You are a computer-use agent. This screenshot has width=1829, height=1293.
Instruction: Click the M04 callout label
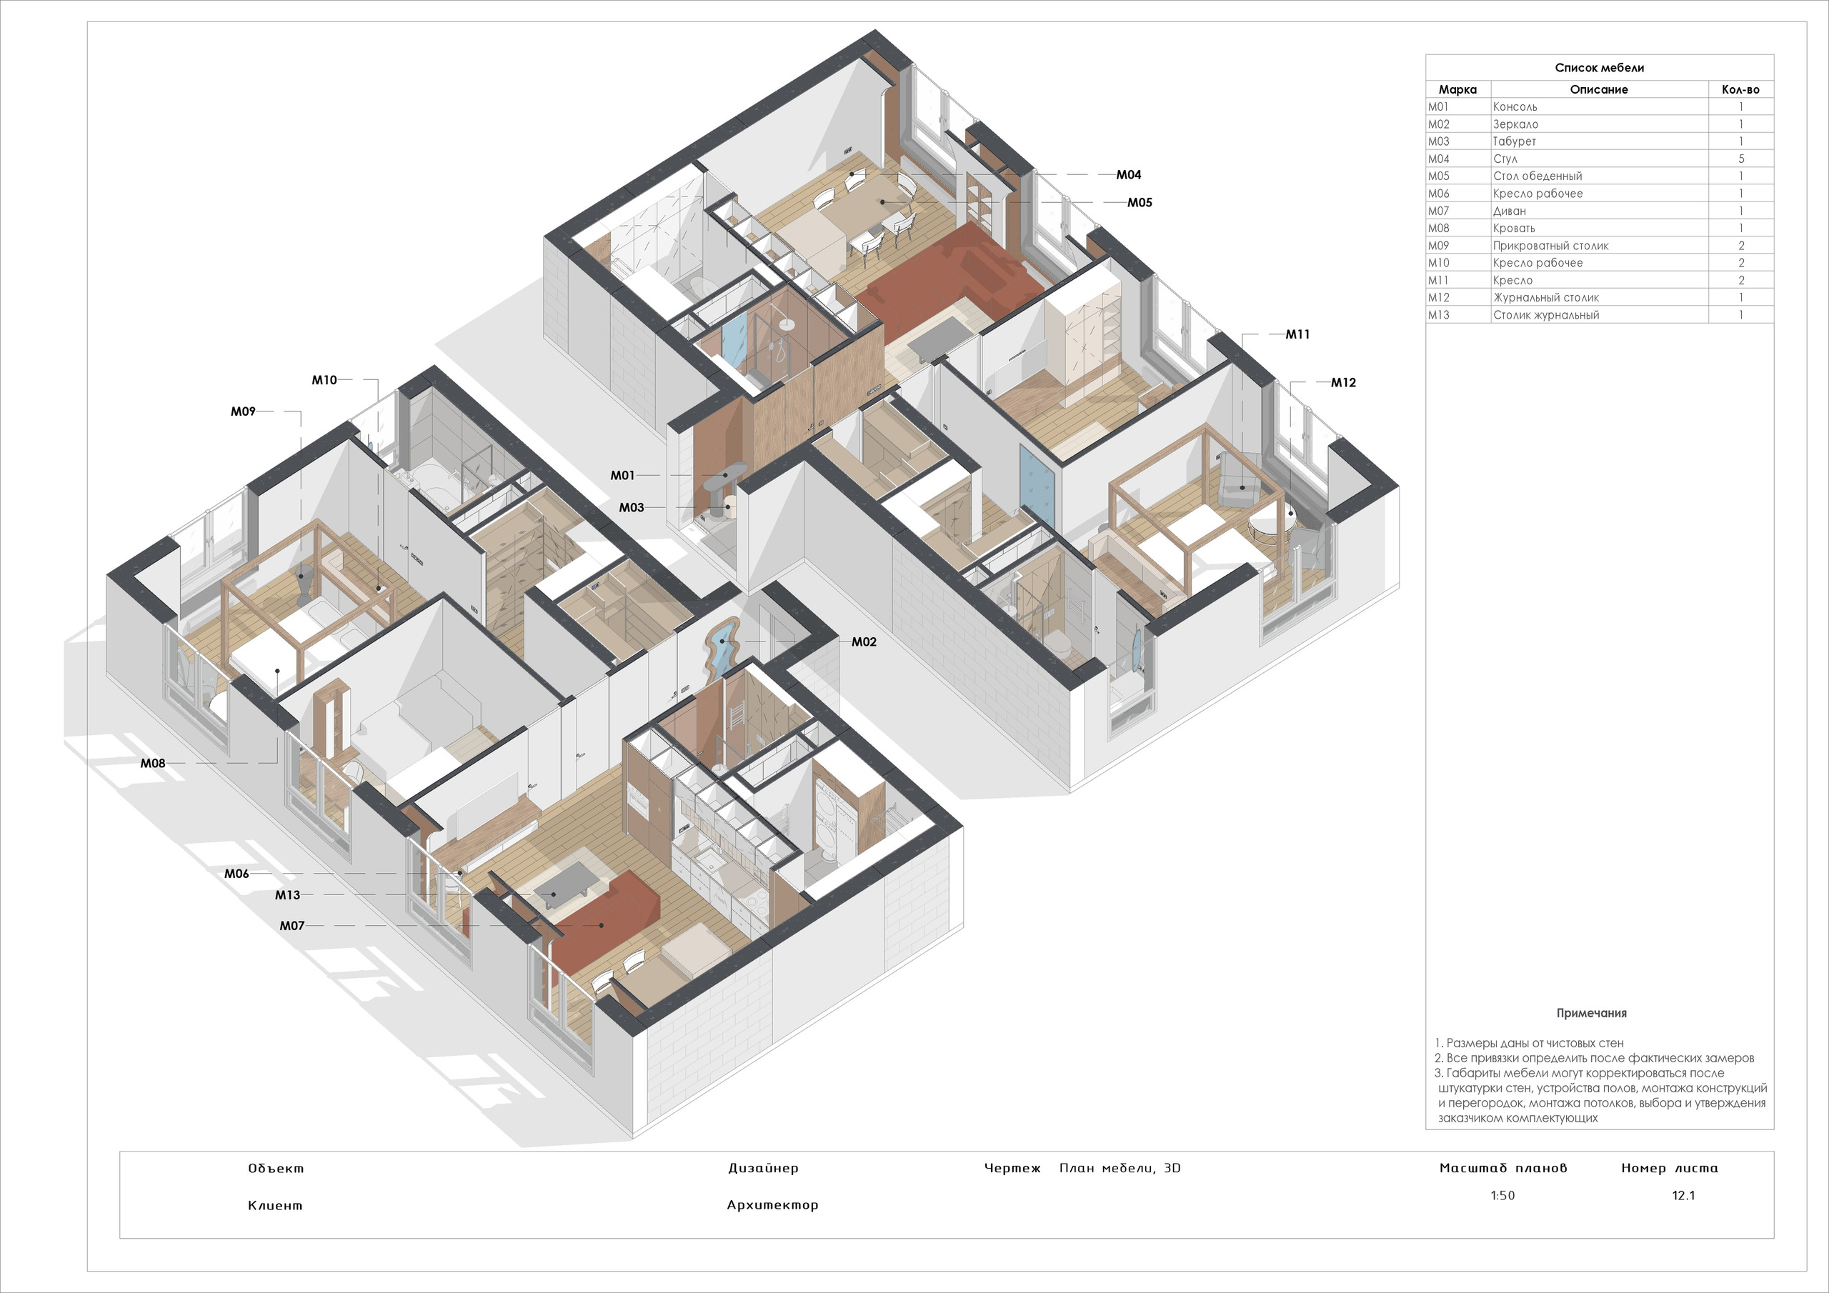[1128, 174]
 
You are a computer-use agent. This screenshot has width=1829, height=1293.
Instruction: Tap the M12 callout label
[1343, 382]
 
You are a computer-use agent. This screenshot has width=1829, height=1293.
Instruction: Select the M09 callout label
[243, 411]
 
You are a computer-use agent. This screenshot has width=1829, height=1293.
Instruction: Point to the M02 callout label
[864, 641]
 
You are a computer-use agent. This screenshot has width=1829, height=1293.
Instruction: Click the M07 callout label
[291, 926]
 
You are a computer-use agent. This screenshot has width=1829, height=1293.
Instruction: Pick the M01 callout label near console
[622, 475]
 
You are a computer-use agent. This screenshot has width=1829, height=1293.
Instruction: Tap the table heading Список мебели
[1599, 68]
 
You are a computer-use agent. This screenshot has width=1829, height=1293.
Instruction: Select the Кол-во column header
[1740, 89]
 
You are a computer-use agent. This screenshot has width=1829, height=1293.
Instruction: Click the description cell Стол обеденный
[1537, 176]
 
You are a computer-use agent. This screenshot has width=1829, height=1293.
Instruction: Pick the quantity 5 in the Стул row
[1740, 159]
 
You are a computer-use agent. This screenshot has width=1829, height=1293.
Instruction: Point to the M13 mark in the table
[1439, 315]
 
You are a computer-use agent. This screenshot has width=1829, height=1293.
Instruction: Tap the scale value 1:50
[1502, 1195]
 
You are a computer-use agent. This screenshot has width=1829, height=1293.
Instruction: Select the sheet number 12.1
[1683, 1195]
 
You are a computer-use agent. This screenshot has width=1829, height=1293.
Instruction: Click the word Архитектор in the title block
[772, 1204]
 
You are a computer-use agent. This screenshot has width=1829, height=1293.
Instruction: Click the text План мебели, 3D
[1120, 1168]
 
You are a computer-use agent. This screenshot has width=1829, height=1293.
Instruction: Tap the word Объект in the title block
[276, 1168]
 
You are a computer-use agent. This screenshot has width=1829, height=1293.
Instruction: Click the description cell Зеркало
[1515, 124]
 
